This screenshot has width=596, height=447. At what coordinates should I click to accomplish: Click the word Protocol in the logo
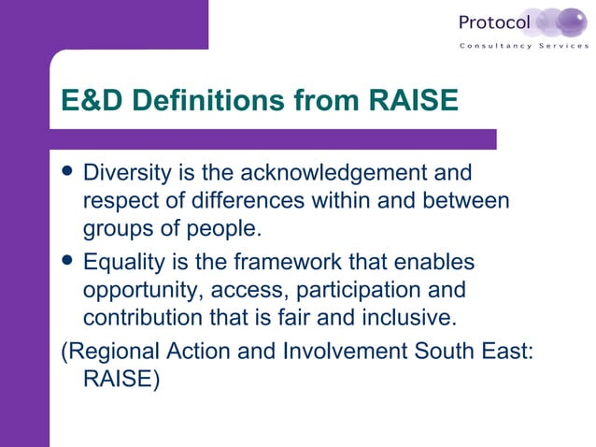pyautogui.click(x=494, y=22)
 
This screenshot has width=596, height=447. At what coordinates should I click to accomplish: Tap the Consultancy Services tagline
pyautogui.click(x=523, y=47)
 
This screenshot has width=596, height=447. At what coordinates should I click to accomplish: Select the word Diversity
pyautogui.click(x=126, y=174)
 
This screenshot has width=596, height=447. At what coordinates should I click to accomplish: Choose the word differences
pyautogui.click(x=270, y=201)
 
